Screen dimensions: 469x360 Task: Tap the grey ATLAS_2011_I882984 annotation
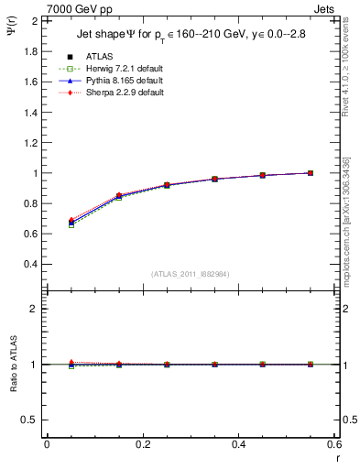coord(190,274)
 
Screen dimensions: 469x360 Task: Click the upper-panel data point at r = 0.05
coord(71,222)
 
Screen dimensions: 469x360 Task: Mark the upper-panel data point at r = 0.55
coord(311,173)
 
